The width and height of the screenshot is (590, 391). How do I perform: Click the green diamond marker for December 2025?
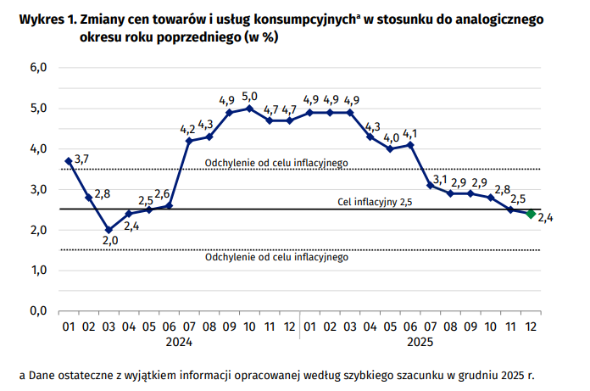(531, 214)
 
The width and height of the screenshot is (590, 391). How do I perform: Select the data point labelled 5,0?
(249, 109)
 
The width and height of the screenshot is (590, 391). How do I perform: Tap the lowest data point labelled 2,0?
(109, 230)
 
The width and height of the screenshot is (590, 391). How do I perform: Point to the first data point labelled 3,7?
(68, 161)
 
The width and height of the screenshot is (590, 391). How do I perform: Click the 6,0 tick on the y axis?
(37, 68)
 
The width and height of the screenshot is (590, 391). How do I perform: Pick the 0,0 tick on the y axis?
(37, 311)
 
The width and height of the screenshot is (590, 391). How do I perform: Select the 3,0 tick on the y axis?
(37, 189)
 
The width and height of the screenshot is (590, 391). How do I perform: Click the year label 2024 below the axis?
(179, 343)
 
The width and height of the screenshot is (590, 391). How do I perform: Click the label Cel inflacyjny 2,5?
(375, 204)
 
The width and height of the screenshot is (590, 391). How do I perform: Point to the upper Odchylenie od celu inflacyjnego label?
(276, 163)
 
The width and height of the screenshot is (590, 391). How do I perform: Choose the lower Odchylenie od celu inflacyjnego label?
(276, 257)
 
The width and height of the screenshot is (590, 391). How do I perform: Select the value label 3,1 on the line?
(439, 179)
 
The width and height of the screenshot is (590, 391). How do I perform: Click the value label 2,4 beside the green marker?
(545, 219)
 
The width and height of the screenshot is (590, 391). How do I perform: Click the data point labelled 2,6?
(169, 205)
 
